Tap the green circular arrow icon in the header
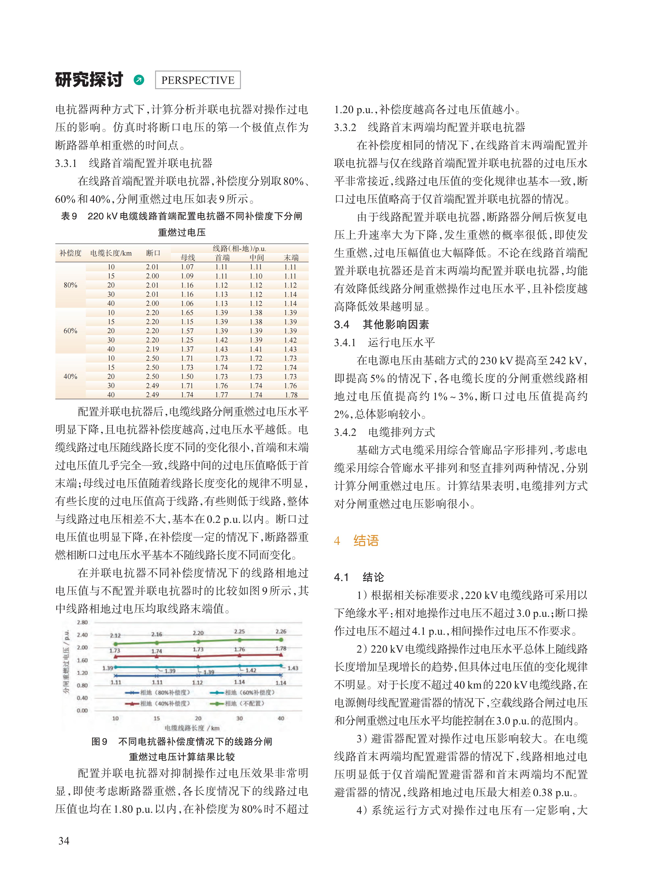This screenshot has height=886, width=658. point(139,80)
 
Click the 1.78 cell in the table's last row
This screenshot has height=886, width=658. point(291,395)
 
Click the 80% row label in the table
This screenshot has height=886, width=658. point(71,285)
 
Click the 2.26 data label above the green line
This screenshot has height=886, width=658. point(281,631)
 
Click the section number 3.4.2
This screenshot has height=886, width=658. point(345,432)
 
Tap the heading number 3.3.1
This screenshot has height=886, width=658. point(66,163)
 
